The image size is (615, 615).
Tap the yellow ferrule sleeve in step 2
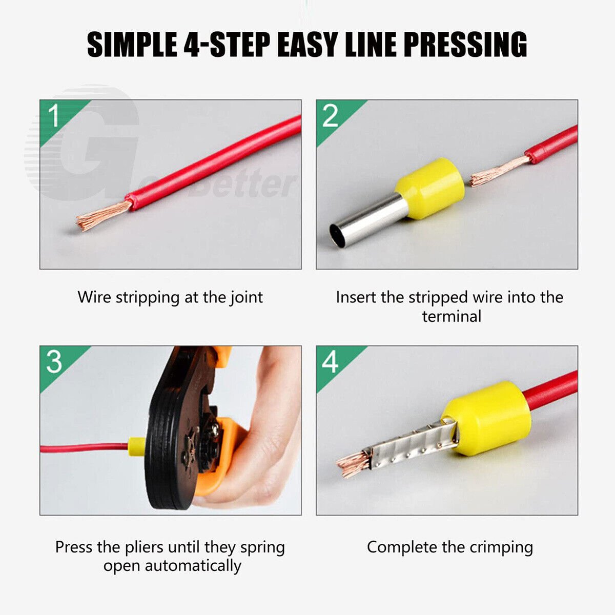430,189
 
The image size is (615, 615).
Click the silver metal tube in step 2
368,220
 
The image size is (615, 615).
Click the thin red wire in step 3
84,447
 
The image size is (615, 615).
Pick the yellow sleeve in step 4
486,418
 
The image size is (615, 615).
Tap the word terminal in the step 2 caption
452,317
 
